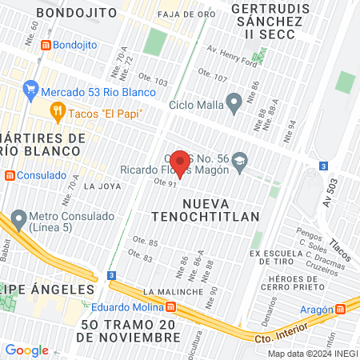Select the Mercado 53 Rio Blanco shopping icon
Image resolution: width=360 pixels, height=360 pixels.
point(31,89)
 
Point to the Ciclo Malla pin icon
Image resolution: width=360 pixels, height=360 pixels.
point(234,102)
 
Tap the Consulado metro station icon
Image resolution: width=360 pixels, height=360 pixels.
point(9,175)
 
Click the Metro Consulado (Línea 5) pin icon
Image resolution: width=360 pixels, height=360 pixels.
point(17,218)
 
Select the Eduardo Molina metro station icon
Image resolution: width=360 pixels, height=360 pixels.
point(170,306)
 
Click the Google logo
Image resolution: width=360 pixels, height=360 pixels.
point(26,350)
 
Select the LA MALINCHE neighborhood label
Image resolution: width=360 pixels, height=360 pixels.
point(169,291)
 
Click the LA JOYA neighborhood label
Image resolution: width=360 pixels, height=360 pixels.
point(102,186)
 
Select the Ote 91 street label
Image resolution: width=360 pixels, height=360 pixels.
point(165,184)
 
